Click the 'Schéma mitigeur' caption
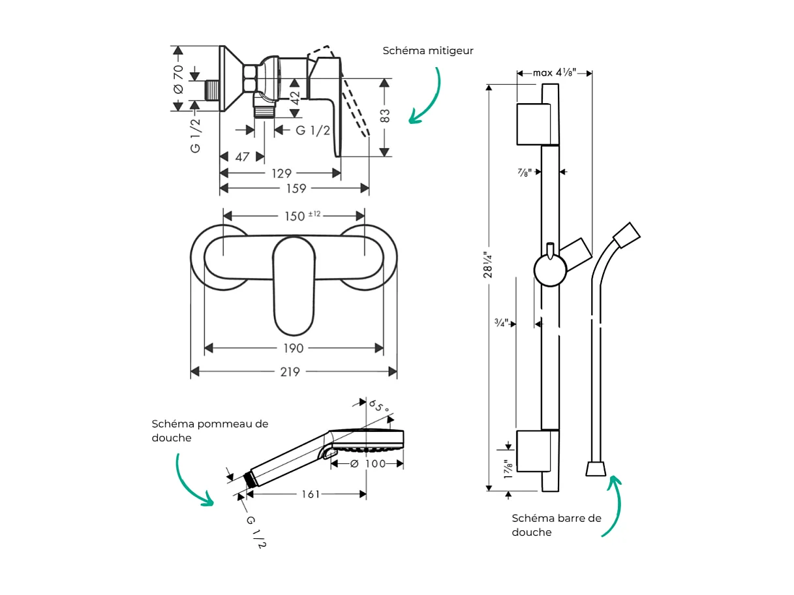point(427,51)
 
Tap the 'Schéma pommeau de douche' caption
point(209,431)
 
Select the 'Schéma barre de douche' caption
point(556,525)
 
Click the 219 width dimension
point(290,372)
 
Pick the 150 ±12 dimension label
point(301,216)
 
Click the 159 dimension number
point(296,189)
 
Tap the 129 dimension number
point(281,173)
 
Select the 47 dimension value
point(241,157)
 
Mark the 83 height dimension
point(386,116)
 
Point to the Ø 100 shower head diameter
point(368,464)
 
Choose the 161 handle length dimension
point(311,495)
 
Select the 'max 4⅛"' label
point(554,73)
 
